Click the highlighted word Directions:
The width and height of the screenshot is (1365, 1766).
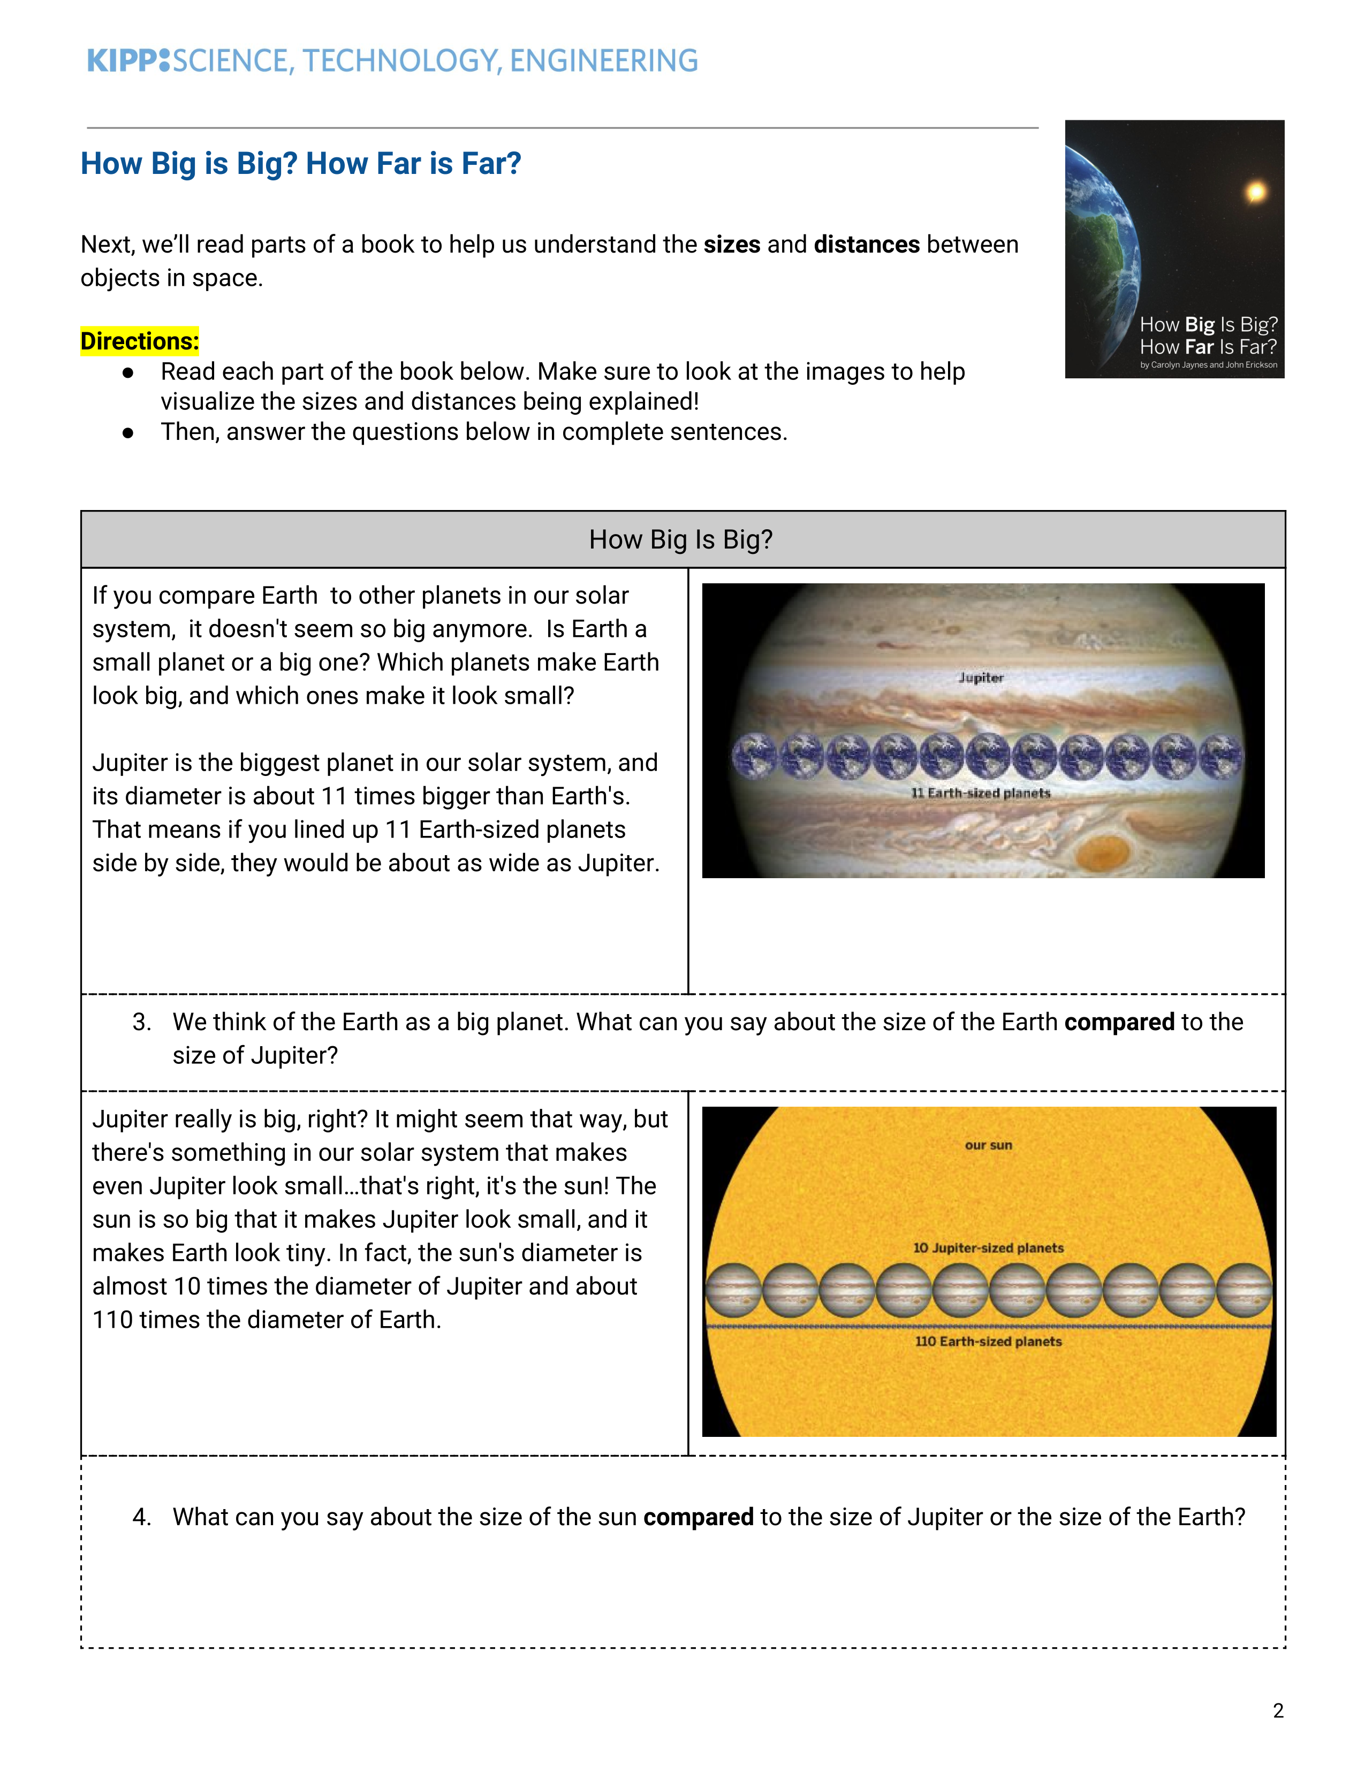coord(139,341)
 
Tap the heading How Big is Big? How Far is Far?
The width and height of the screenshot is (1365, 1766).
coord(301,163)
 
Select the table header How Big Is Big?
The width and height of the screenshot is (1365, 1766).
coord(681,539)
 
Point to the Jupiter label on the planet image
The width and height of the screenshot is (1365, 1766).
coord(981,678)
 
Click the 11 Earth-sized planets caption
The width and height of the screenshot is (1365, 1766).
coord(981,793)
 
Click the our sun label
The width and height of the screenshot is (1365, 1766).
coord(988,1145)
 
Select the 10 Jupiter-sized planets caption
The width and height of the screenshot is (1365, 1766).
coord(988,1247)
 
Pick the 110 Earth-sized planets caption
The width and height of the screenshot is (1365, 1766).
coord(988,1342)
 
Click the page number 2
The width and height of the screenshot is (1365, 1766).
coord(1278,1710)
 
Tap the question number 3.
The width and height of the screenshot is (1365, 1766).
coord(142,1022)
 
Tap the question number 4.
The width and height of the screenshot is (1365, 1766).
coord(142,1517)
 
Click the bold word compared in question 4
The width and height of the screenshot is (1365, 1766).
coord(699,1518)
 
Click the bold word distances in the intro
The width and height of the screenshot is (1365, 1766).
coord(867,244)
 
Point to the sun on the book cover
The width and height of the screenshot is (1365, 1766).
coord(1255,192)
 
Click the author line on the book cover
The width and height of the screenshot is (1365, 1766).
coord(1209,364)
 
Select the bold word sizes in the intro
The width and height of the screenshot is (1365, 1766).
coord(732,244)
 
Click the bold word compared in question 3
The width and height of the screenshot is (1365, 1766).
coord(1119,1023)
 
